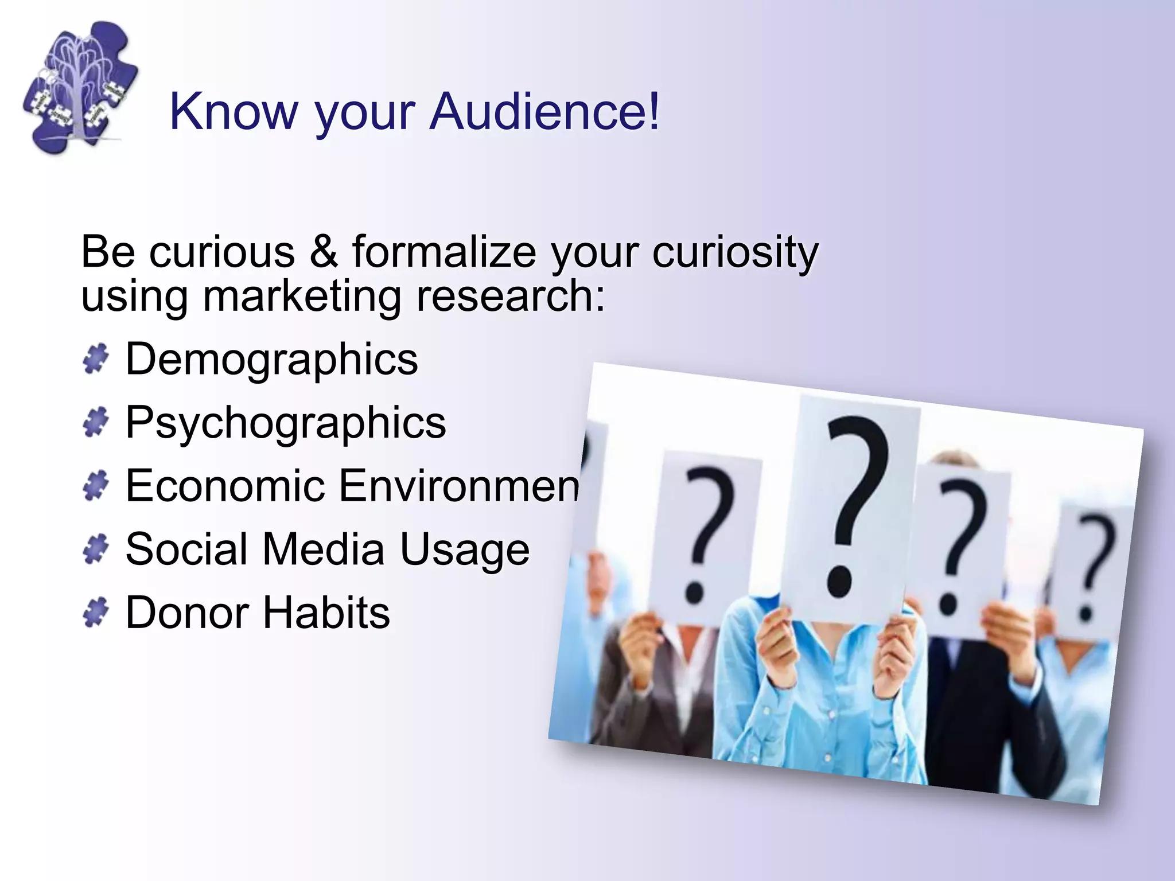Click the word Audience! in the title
(545, 111)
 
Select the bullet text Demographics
(271, 360)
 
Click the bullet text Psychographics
(285, 423)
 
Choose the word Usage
(464, 549)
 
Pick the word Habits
(326, 613)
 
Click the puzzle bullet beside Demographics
(95, 359)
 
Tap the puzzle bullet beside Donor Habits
(95, 612)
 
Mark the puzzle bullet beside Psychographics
(95, 423)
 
